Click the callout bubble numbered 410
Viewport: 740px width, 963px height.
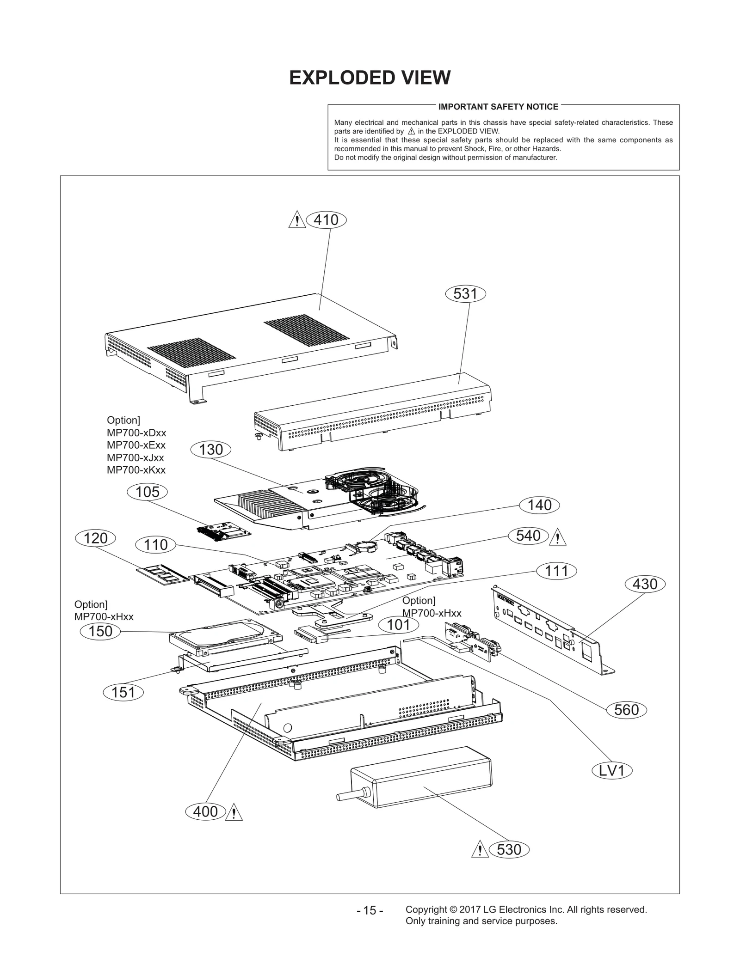point(326,220)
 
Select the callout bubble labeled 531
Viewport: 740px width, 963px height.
point(465,294)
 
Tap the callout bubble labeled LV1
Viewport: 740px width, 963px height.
point(612,771)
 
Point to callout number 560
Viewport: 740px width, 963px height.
point(626,710)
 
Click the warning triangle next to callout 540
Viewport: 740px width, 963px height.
point(558,537)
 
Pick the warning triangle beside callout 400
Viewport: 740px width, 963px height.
point(234,813)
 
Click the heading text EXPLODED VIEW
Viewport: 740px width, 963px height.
point(370,78)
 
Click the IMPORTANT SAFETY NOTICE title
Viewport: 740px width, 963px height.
point(498,107)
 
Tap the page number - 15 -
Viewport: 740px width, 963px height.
point(370,910)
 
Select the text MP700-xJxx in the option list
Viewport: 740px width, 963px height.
point(135,457)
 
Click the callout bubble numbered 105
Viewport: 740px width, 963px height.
point(148,492)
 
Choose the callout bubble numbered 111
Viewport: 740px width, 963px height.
point(556,571)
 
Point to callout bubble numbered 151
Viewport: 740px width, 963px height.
point(123,692)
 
